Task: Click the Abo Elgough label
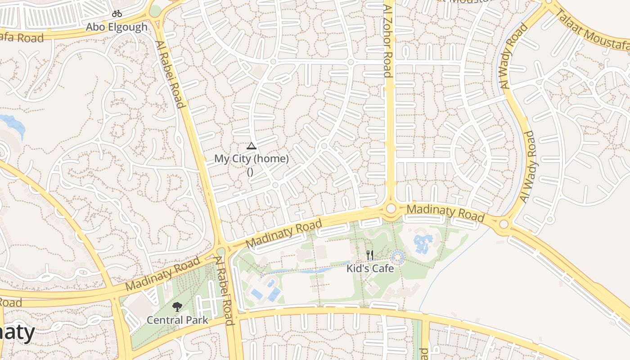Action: [x=117, y=27]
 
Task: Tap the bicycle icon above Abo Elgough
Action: [x=117, y=14]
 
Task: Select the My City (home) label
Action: [x=251, y=158]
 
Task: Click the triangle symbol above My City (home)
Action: [x=251, y=146]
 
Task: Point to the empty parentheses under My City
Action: [x=250, y=171]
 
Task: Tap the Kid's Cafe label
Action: [x=370, y=269]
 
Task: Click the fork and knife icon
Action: [x=370, y=255]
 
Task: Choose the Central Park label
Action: [x=177, y=320]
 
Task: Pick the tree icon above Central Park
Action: [x=177, y=307]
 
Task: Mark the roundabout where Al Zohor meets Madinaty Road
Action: [x=391, y=208]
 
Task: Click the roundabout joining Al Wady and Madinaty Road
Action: [x=504, y=224]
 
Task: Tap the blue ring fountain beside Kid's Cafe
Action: [x=398, y=257]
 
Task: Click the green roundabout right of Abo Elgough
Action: [x=155, y=11]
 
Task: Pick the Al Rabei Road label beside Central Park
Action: [x=225, y=290]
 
